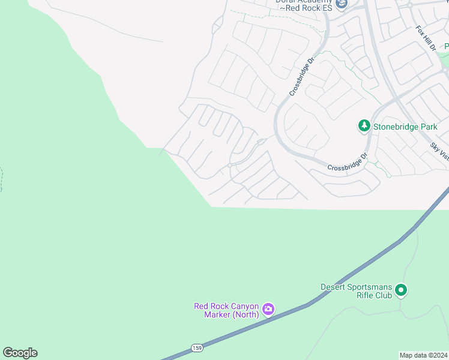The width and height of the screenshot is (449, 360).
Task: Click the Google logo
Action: coord(20,353)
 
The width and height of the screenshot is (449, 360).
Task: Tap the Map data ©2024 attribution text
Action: coord(423,355)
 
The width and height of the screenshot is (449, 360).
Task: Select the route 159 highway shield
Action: coord(197,348)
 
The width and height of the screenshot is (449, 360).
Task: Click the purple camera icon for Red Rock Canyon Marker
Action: coord(268,310)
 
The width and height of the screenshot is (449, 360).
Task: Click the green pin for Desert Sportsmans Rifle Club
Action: coord(402,291)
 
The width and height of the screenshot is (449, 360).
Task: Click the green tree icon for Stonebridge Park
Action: coord(364,126)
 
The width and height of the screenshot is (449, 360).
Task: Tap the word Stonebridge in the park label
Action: coord(396,127)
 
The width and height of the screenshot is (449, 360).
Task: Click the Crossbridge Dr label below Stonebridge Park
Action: coord(348,163)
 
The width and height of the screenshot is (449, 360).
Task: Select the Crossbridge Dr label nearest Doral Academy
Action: coord(302,76)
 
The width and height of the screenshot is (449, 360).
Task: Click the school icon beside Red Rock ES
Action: coord(342,5)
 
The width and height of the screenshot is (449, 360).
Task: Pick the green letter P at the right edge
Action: coord(446,46)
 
